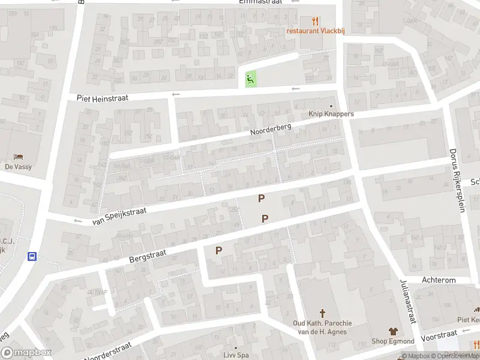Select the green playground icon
click(250, 78)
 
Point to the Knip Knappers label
click(331, 114)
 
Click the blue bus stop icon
click(32, 256)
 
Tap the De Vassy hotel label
click(18, 167)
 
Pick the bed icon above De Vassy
click(18, 157)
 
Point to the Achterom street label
click(439, 280)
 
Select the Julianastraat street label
click(408, 301)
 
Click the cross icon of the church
click(322, 313)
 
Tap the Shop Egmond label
click(393, 341)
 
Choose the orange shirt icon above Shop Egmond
click(393, 331)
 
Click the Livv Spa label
click(235, 355)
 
